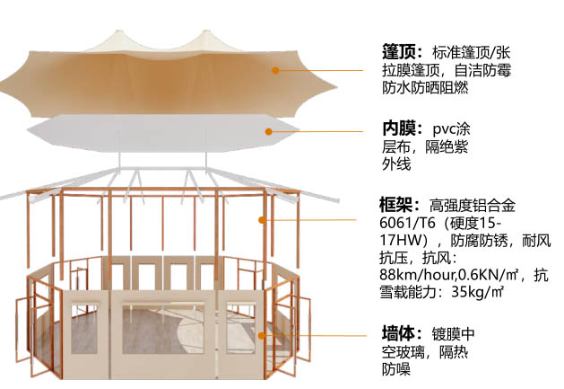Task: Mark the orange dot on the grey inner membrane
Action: click(266, 131)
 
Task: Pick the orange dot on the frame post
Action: click(262, 219)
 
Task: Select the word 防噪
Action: click(395, 369)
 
